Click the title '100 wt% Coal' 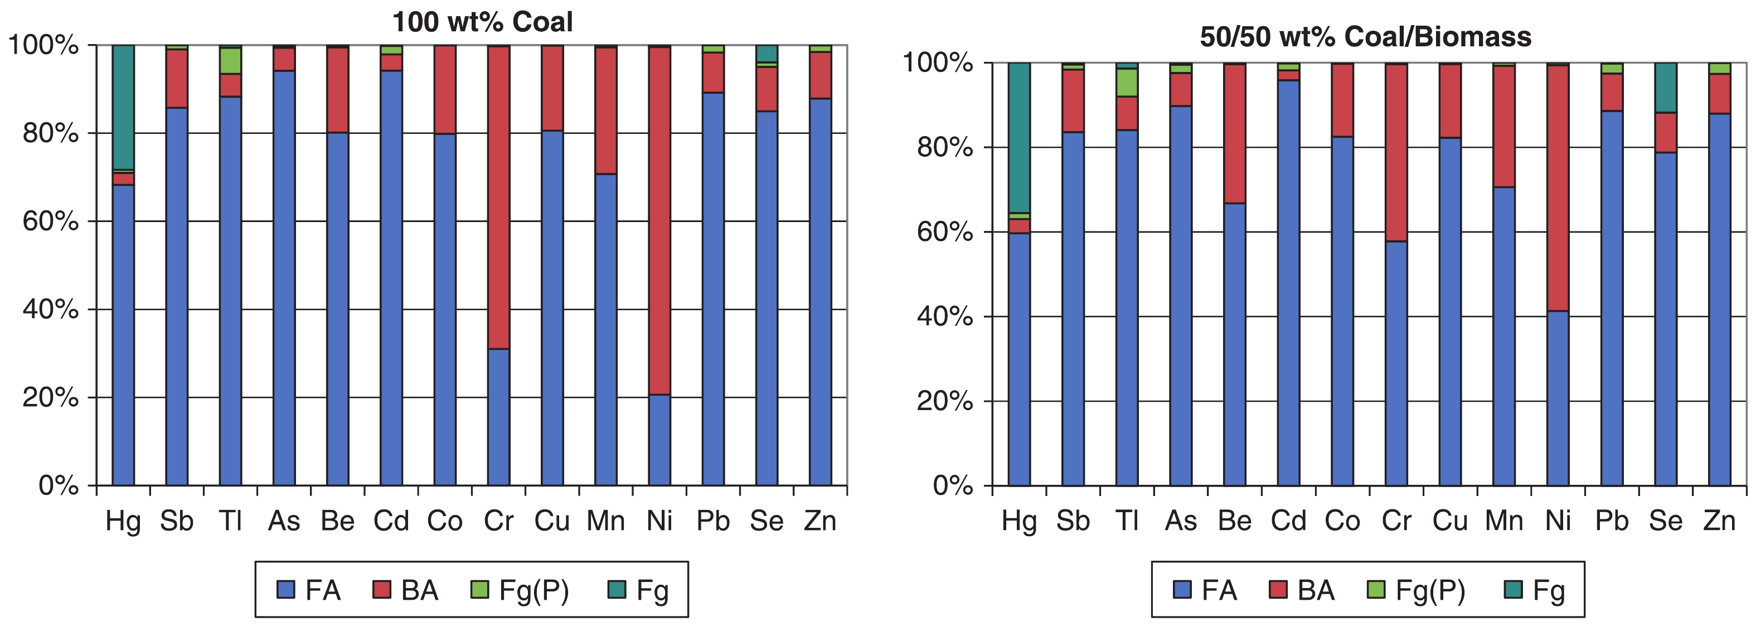(x=482, y=22)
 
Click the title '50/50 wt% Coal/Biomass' (x=1365, y=37)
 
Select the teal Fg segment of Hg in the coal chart (x=123, y=107)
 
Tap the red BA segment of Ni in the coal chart (x=659, y=220)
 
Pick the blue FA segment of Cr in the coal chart (x=498, y=417)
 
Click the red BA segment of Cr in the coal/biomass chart (x=1396, y=153)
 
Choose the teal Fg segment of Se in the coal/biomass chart (x=1665, y=87)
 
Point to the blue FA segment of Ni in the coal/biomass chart (x=1558, y=398)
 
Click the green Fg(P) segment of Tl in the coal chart (x=230, y=61)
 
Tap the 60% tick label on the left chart (x=50, y=221)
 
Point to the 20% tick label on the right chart (x=945, y=401)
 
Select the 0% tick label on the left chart (x=59, y=485)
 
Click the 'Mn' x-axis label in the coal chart (x=605, y=522)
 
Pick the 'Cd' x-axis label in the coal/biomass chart (x=1288, y=522)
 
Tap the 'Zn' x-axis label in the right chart (x=1719, y=522)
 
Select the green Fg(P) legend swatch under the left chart (x=480, y=590)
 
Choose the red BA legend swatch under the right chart (x=1278, y=590)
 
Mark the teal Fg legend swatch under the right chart (x=1512, y=590)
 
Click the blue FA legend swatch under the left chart (x=285, y=590)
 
